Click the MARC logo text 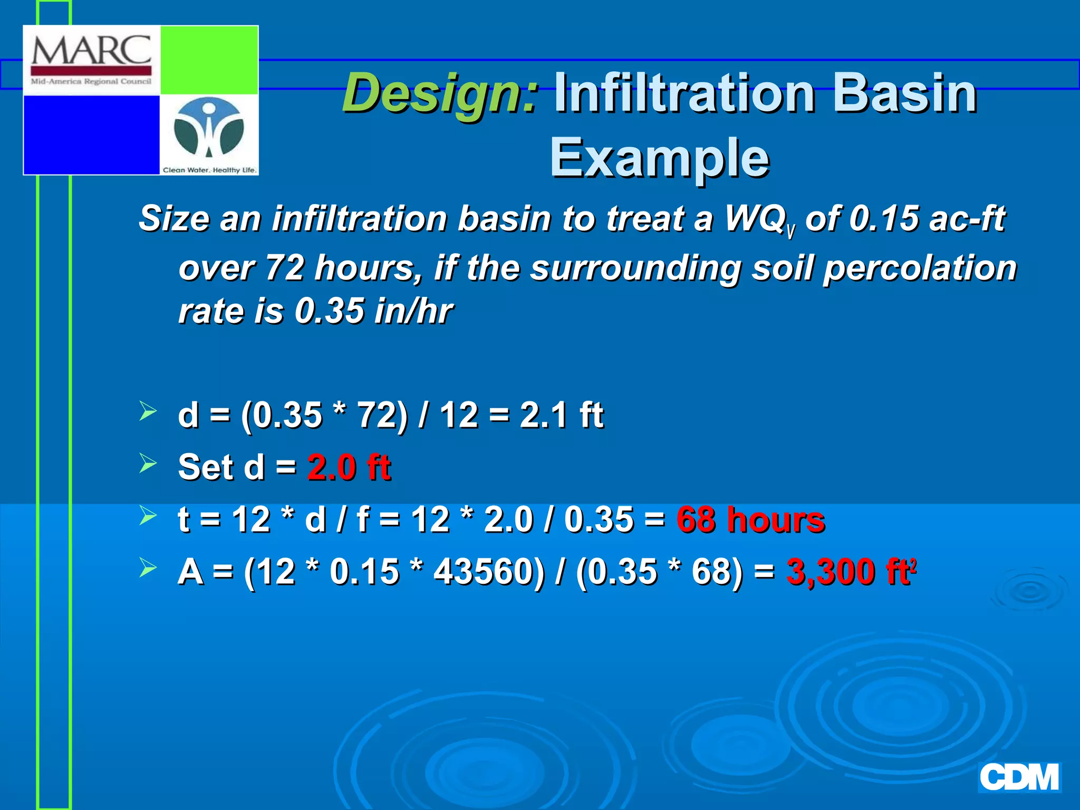tap(91, 51)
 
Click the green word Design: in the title tap(441, 93)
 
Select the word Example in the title tap(659, 158)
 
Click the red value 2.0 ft tap(349, 467)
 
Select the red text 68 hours tap(750, 520)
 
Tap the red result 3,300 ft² tap(851, 572)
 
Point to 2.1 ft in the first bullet tap(561, 415)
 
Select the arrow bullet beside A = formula tap(148, 568)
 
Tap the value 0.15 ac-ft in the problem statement tap(927, 218)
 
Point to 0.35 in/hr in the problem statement tap(373, 311)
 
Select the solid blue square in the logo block tap(92, 134)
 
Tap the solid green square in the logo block tap(209, 60)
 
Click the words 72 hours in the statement tap(343, 268)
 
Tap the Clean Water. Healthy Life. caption tap(209, 170)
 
